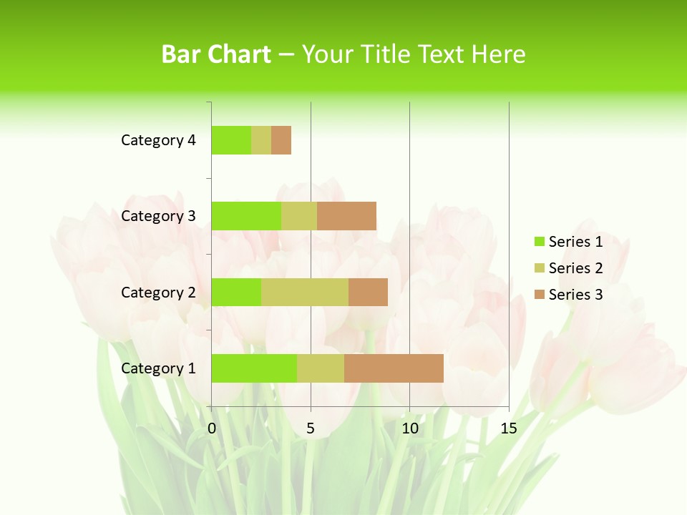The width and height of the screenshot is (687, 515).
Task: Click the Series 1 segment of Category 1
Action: (x=254, y=368)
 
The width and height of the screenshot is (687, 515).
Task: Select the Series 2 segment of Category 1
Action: (x=321, y=368)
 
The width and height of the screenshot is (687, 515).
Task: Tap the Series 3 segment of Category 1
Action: (x=394, y=368)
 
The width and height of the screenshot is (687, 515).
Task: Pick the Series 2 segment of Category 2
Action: (x=305, y=292)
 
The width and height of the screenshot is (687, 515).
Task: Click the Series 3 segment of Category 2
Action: (x=368, y=292)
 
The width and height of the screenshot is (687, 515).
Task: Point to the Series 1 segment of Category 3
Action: (x=246, y=216)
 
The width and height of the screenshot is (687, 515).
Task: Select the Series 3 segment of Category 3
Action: (x=346, y=216)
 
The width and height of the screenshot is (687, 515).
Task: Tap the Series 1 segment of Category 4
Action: (x=231, y=140)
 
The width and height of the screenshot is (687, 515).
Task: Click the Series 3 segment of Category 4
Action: (x=281, y=140)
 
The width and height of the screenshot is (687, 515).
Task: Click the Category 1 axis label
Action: (x=158, y=368)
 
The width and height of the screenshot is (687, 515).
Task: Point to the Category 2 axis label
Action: (x=158, y=293)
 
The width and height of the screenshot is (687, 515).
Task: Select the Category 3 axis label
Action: (x=158, y=216)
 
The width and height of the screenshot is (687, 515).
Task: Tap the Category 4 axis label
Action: (x=158, y=140)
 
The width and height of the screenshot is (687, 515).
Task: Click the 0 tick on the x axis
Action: (x=212, y=428)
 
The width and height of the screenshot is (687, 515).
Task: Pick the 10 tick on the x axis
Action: (x=409, y=428)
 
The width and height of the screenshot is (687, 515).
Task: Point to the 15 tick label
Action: (x=508, y=428)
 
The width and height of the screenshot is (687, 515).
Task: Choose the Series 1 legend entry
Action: (x=568, y=242)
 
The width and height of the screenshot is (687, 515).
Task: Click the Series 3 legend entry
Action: (x=568, y=295)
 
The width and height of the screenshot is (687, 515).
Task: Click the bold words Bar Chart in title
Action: (x=216, y=54)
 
